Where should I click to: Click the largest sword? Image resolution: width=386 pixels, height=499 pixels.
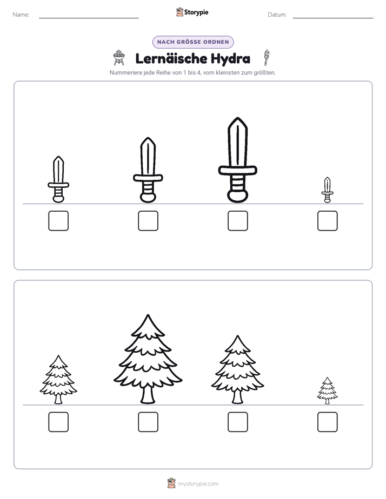pos(237,160)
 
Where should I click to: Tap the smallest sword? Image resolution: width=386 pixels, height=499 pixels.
pos(327,190)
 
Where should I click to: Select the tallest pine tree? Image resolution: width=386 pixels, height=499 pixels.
pos(148,359)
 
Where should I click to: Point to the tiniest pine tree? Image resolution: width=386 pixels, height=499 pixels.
pos(327,390)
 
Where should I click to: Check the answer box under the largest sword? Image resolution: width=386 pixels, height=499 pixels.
pos(237,221)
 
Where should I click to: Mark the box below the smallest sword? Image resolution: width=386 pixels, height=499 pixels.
pos(328,221)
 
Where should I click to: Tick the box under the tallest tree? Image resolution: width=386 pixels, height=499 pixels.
pos(148,422)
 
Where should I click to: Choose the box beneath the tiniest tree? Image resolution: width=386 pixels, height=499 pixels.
pos(328,422)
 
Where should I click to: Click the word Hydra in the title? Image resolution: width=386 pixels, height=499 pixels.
pos(230,59)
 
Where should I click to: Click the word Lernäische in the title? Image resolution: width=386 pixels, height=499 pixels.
pos(171,58)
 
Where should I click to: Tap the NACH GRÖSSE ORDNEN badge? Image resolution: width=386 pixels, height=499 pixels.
pos(193,42)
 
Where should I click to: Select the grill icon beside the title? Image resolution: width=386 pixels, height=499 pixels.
pos(119,58)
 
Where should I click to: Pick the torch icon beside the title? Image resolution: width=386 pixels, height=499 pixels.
pos(266,57)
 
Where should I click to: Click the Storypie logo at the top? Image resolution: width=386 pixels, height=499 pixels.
pos(192,12)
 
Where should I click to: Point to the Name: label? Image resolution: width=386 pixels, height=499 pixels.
pos(21,15)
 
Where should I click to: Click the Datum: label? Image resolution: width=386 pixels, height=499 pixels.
pos(277,15)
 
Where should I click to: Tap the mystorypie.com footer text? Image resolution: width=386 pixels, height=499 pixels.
pos(198,484)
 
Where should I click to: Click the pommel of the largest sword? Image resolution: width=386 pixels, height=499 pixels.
pos(237,195)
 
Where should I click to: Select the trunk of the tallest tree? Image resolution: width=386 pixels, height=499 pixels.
pos(148,395)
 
